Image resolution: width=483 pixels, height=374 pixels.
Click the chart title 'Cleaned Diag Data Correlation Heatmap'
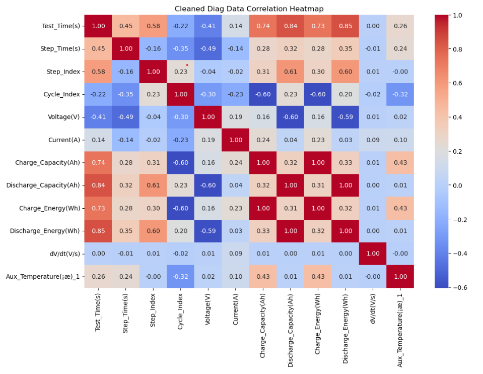(x=249, y=9)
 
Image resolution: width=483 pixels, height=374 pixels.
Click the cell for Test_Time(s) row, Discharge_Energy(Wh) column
(x=345, y=26)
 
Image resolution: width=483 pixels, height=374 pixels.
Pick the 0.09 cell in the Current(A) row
(x=373, y=140)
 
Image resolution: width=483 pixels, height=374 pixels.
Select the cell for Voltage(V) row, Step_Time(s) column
(x=125, y=117)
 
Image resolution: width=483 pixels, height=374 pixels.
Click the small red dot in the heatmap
(x=187, y=65)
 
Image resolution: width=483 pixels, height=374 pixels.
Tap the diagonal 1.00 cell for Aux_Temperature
(x=400, y=277)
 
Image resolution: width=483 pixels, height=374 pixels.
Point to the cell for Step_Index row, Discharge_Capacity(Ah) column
(x=290, y=72)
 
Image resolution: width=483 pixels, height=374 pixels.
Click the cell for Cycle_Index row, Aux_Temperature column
(x=400, y=94)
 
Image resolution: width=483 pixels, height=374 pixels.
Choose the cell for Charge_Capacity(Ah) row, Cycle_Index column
(x=180, y=163)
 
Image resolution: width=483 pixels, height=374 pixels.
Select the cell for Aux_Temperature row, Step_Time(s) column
(x=125, y=277)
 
